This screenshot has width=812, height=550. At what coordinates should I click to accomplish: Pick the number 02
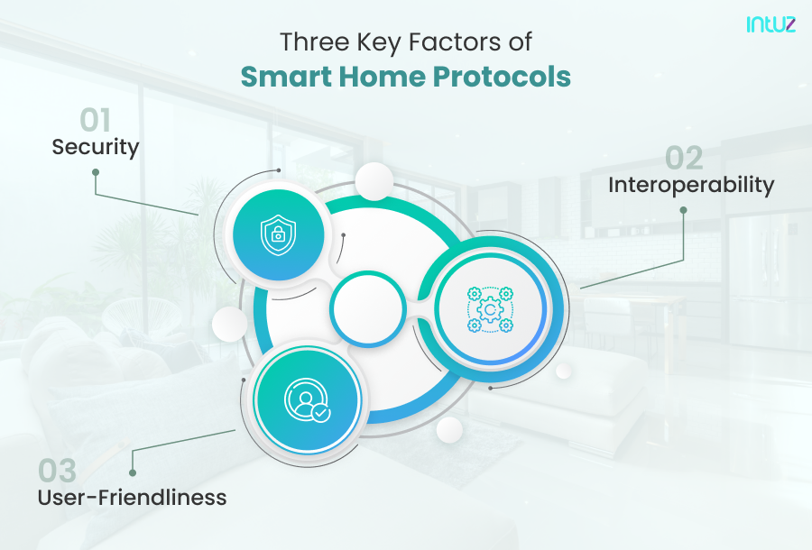click(x=684, y=159)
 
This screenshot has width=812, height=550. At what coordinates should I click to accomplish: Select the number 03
click(x=58, y=471)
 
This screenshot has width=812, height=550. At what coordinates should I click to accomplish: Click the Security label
click(x=96, y=147)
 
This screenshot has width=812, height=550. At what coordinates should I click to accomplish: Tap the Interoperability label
click(x=691, y=185)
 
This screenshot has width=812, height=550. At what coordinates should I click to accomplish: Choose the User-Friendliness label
click(x=132, y=497)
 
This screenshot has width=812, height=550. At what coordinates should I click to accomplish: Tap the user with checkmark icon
click(x=308, y=399)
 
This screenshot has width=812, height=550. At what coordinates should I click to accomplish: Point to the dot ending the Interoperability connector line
click(x=683, y=210)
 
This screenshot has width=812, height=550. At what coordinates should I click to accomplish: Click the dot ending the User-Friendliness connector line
click(x=133, y=471)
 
